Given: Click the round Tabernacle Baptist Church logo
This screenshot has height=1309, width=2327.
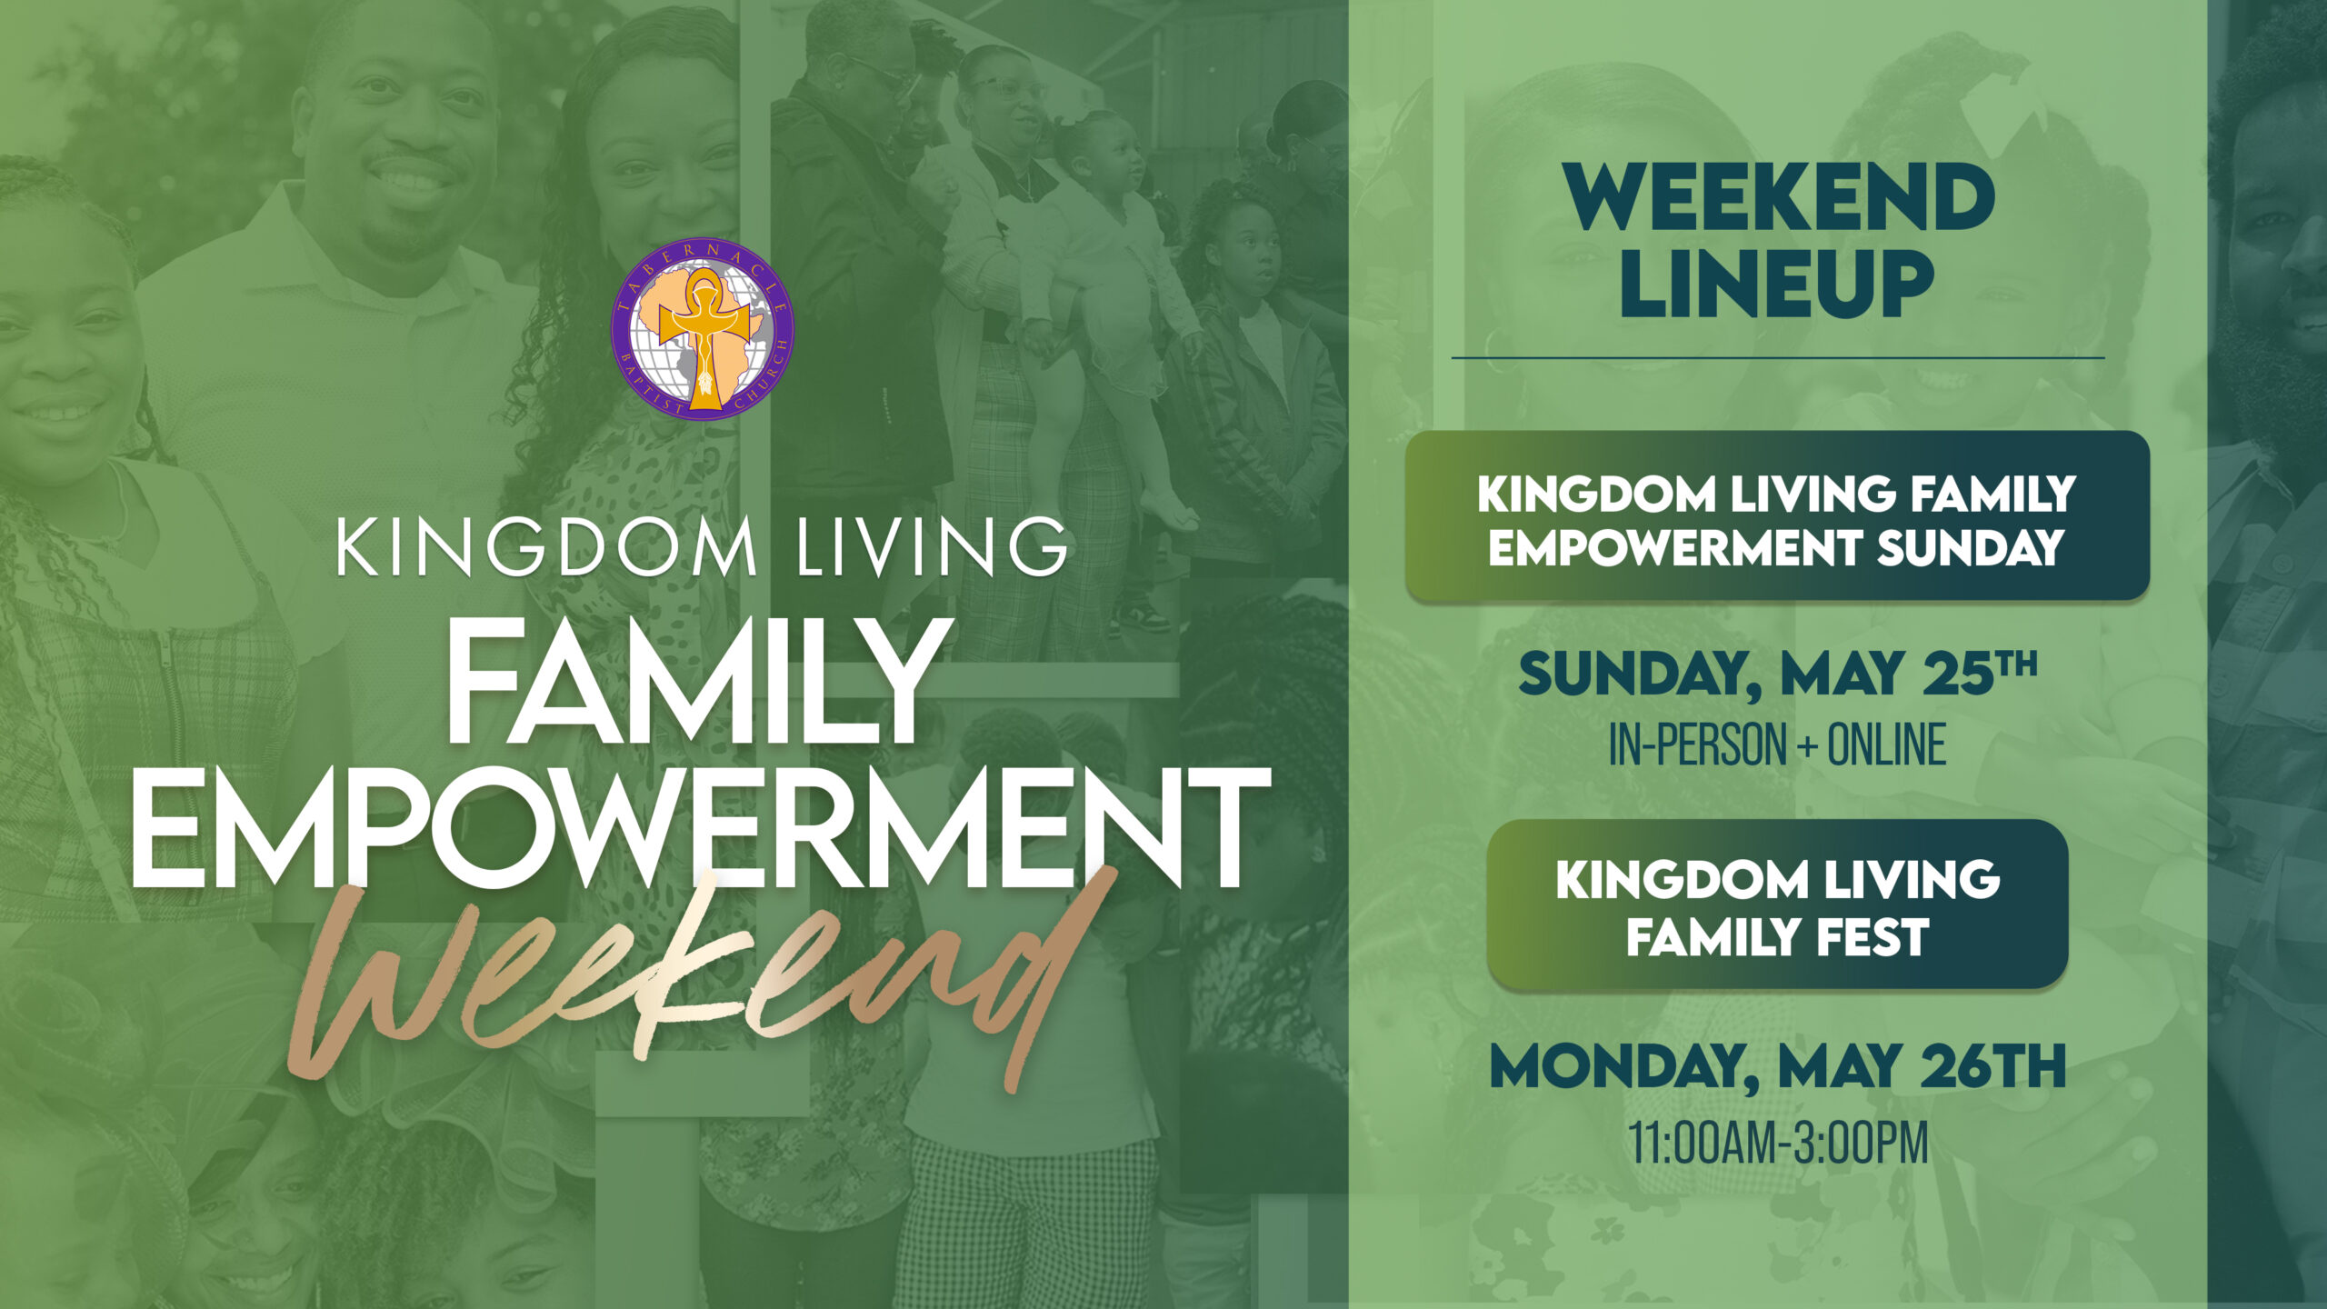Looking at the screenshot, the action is (x=702, y=328).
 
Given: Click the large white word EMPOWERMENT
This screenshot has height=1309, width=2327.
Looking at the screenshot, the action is (x=701, y=828).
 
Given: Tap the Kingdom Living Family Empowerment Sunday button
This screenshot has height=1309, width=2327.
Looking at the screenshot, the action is (x=1777, y=515).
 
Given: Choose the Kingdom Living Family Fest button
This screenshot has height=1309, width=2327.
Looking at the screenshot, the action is (x=1777, y=904).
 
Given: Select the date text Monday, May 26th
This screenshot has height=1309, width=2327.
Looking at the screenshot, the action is (x=1778, y=1066).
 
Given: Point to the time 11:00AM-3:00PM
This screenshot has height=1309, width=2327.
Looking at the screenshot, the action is (x=1778, y=1144).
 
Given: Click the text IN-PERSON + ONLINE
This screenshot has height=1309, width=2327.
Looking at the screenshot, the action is (x=1778, y=744).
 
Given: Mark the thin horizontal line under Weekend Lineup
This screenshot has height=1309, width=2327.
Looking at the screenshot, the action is (x=1778, y=358).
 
